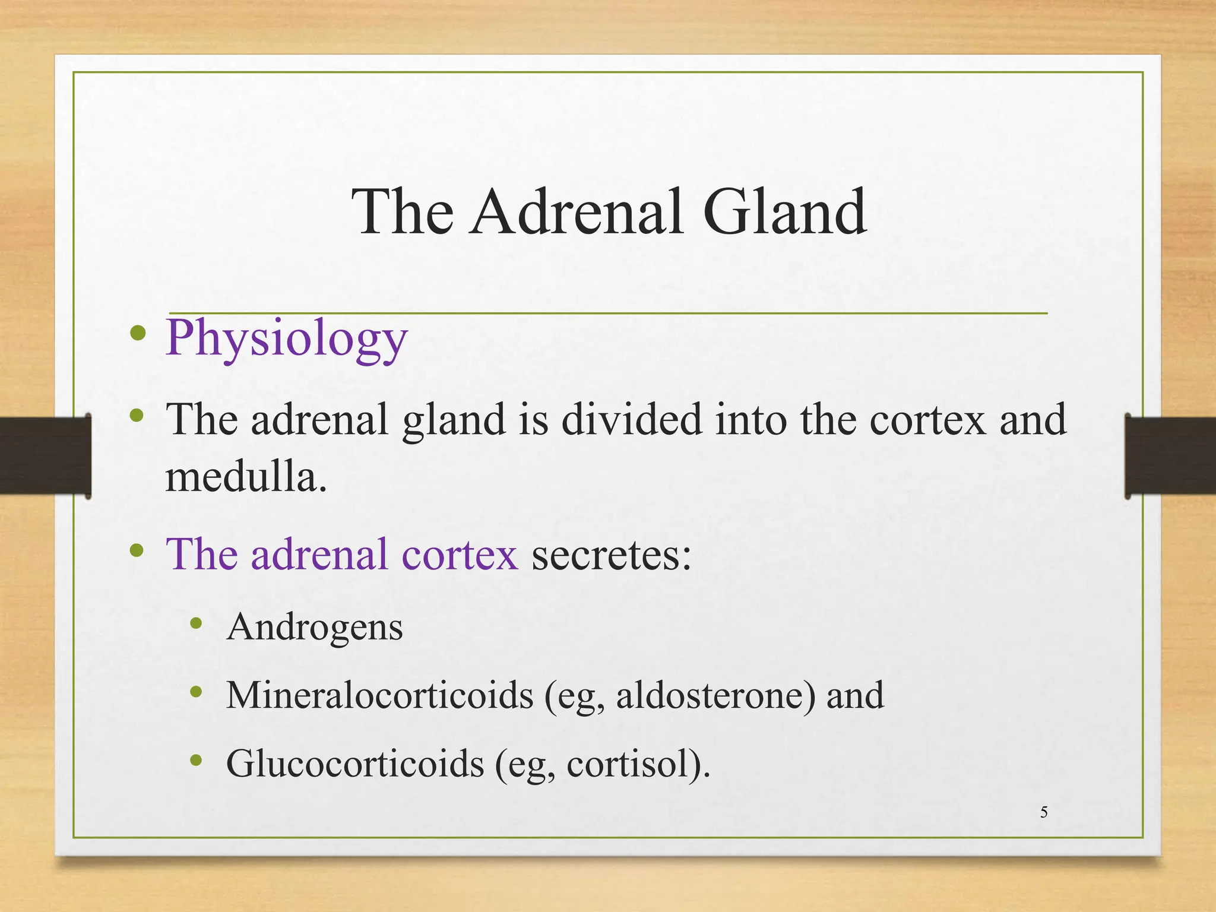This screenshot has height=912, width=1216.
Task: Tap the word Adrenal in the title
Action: coord(576,213)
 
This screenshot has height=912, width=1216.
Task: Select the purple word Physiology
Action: coord(287,338)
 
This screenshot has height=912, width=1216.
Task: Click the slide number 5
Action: coord(1044,812)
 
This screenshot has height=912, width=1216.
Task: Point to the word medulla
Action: coord(245,477)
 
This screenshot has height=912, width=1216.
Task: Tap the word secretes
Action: coord(611,555)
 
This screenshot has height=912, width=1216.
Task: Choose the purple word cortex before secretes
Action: coord(460,555)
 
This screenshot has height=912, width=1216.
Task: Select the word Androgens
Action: coord(315,627)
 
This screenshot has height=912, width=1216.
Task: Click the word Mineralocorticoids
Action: coord(379,695)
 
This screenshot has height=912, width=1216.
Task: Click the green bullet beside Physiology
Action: coord(138,333)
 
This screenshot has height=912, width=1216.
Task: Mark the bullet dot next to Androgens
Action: coord(197,623)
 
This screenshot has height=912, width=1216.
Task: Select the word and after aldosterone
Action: coord(855,695)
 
